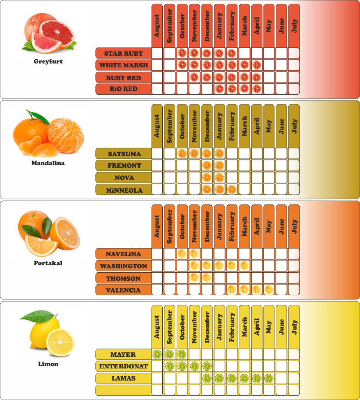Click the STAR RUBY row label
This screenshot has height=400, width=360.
point(123,53)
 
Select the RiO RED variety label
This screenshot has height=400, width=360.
point(123,89)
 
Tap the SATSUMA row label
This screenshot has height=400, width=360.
point(123,153)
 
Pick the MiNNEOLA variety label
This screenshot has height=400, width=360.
point(123,190)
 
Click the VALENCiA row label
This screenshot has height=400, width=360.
point(123,290)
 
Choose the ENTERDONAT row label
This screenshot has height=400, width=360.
point(123,366)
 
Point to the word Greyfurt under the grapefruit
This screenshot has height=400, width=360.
point(48,62)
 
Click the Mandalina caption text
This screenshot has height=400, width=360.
point(48,163)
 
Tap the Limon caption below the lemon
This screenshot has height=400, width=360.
point(48,364)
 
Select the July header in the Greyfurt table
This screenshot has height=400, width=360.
point(294,26)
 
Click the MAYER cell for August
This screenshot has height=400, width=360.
point(157,354)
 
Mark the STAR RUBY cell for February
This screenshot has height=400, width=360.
point(232,53)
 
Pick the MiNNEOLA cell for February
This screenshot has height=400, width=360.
point(232,190)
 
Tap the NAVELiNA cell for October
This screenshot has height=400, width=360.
point(182,254)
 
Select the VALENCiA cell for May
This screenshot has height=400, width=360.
point(269,290)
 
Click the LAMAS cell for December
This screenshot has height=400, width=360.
point(207,378)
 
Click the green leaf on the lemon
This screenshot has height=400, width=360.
point(35,315)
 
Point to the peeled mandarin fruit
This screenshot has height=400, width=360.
point(65,135)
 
